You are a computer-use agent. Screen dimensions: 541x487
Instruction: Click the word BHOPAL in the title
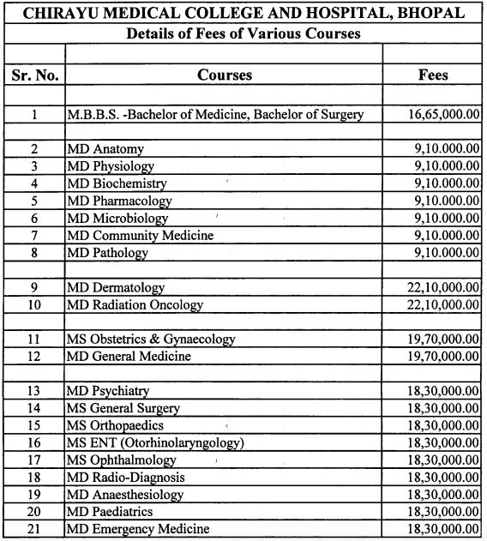click(x=432, y=14)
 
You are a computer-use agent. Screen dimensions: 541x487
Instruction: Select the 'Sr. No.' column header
click(x=33, y=75)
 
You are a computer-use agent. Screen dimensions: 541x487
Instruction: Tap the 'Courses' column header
click(x=225, y=75)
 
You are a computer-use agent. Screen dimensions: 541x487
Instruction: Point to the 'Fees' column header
click(x=432, y=75)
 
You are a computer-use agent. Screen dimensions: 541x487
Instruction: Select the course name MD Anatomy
click(x=105, y=149)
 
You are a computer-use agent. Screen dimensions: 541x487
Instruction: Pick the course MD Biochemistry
click(x=117, y=183)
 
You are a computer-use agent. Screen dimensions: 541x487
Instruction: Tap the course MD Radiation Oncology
click(x=135, y=305)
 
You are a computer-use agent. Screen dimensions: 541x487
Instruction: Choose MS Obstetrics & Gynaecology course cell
click(x=151, y=340)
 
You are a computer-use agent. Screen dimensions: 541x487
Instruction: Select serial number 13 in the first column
click(x=33, y=391)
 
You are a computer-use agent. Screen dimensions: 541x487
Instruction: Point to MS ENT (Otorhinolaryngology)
click(x=155, y=443)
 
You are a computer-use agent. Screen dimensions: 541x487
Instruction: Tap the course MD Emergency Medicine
click(x=138, y=529)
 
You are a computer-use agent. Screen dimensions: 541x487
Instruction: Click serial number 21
click(x=33, y=529)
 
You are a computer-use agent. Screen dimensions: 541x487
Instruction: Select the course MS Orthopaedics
click(x=115, y=426)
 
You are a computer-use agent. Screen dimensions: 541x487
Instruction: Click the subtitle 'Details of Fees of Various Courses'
click(x=243, y=34)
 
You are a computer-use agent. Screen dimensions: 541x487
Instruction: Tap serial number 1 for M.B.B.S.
click(x=33, y=114)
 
